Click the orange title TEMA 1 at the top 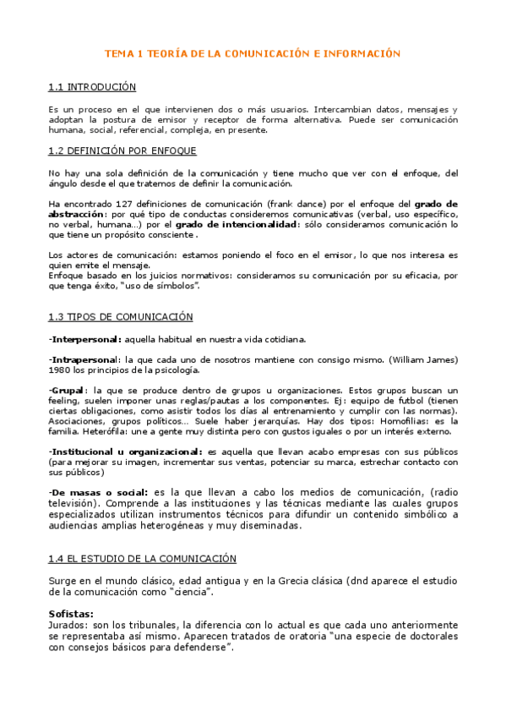point(252,53)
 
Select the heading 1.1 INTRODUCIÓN point(92,87)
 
